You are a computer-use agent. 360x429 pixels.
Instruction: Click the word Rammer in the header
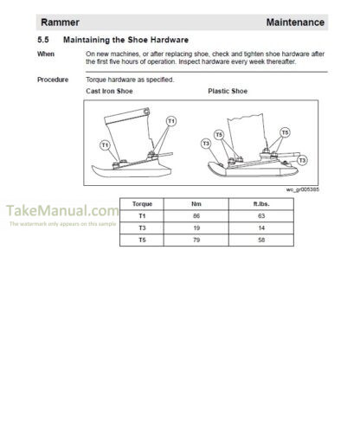click(60, 22)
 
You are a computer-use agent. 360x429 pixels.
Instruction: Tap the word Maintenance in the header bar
click(295, 22)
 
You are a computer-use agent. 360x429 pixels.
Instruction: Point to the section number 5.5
click(43, 40)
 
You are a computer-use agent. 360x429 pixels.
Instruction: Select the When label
click(46, 54)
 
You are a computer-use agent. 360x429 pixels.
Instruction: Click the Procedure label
click(53, 80)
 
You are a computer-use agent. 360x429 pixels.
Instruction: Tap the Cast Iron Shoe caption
click(109, 91)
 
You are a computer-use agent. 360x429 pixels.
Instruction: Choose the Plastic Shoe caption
click(228, 91)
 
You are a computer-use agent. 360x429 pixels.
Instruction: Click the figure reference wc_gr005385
click(303, 189)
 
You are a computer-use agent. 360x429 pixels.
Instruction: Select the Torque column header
click(142, 204)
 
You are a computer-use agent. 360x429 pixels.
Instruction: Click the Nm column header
click(196, 204)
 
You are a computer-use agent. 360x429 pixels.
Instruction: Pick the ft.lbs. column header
click(261, 204)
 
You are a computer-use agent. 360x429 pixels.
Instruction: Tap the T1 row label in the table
click(142, 216)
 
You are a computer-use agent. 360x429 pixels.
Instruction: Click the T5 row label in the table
click(142, 240)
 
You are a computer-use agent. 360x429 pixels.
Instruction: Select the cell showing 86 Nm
click(196, 216)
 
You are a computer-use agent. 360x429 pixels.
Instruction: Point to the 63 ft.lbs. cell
click(261, 216)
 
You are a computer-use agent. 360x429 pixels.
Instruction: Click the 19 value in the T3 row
click(196, 228)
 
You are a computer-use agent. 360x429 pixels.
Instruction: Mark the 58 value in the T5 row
click(261, 240)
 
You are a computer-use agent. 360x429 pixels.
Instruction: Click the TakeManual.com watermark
click(62, 210)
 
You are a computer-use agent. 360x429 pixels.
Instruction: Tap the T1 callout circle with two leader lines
click(171, 121)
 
